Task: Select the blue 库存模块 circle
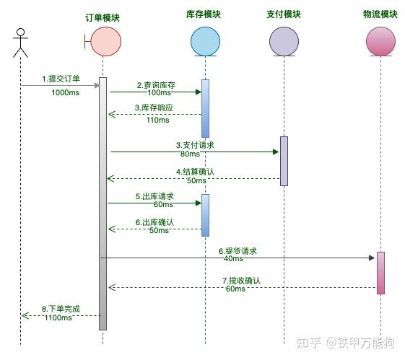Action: pyautogui.click(x=205, y=40)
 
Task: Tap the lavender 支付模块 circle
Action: pyautogui.click(x=283, y=40)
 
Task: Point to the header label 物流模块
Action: pyautogui.click(x=379, y=14)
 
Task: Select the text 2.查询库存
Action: pyautogui.click(x=156, y=85)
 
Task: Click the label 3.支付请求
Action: pyautogui.click(x=195, y=145)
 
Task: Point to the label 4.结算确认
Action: pyautogui.click(x=195, y=172)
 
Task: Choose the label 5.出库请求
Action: pyautogui.click(x=154, y=196)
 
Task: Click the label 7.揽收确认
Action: pyautogui.click(x=241, y=280)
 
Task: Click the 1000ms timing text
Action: pyautogui.click(x=65, y=92)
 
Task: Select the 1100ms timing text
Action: pyautogui.click(x=58, y=317)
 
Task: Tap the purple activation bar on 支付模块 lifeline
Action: pyautogui.click(x=284, y=160)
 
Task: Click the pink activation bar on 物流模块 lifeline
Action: pyautogui.click(x=380, y=272)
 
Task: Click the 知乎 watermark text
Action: pyautogui.click(x=306, y=341)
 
